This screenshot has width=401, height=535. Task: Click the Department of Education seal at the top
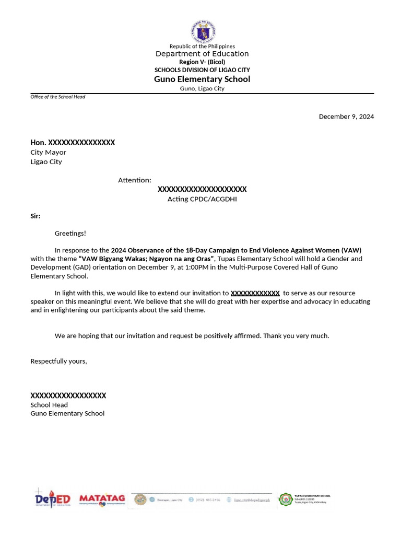(202, 32)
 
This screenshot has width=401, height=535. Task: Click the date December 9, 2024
(346, 117)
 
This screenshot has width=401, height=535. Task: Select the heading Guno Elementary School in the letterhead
(202, 79)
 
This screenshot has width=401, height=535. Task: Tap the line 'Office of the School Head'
(57, 97)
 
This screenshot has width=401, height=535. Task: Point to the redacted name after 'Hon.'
(81, 143)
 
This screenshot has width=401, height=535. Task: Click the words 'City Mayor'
(48, 153)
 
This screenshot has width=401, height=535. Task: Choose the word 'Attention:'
(134, 180)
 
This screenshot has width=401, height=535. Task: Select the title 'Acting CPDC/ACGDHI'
(202, 199)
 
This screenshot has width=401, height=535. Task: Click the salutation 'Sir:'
(36, 216)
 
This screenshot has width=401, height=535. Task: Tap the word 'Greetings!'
(70, 233)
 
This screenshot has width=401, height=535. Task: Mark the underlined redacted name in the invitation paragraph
(255, 293)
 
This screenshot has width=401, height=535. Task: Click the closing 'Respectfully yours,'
(58, 361)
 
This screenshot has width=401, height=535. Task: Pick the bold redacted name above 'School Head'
(68, 396)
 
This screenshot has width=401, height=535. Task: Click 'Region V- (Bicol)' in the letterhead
(202, 62)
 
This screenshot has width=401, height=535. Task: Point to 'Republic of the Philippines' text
(202, 46)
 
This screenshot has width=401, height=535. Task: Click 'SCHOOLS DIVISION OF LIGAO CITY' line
(202, 70)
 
